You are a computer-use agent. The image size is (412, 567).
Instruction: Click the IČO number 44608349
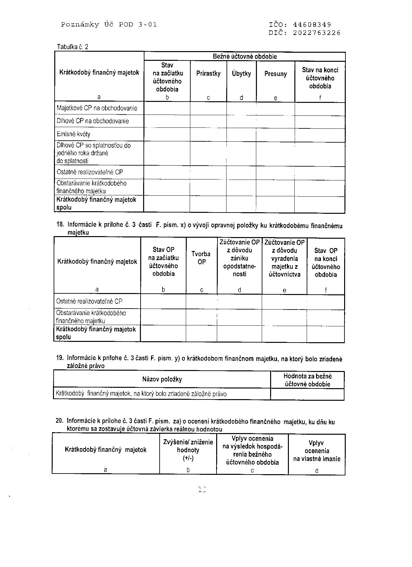pos(312,25)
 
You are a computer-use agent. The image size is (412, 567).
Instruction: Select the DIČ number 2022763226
pos(317,33)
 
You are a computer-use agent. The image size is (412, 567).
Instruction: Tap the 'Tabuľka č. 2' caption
pos(72,47)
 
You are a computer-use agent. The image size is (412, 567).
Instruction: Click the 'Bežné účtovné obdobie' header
pos(245,56)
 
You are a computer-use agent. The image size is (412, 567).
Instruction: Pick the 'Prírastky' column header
pos(208,73)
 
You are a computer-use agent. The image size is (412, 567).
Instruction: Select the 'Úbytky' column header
pos(241,73)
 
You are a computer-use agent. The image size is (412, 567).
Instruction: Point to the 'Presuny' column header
pos(275,74)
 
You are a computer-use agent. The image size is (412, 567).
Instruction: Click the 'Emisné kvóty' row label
pos(73,134)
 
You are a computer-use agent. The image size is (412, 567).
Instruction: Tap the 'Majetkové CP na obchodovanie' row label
pos(97,108)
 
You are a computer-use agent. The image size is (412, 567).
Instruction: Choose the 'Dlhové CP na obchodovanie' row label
pos(93,121)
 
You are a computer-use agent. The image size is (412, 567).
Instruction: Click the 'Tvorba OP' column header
pos(201,258)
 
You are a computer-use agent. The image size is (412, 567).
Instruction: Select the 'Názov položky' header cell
pos(162,379)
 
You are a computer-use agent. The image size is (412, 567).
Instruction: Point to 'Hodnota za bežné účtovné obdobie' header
pos(307,380)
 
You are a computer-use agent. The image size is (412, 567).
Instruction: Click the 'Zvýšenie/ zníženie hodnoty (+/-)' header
pos(188,450)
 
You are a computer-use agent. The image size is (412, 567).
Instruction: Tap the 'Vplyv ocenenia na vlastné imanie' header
pos(317,451)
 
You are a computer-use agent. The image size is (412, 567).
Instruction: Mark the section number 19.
pos(59,358)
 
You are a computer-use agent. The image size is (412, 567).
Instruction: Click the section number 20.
pos(59,421)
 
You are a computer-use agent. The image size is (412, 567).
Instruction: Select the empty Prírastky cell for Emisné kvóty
pos(208,134)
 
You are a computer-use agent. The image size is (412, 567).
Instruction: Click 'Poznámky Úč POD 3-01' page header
pos(109,25)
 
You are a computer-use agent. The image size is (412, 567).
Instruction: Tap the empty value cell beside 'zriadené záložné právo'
pos(307,394)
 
